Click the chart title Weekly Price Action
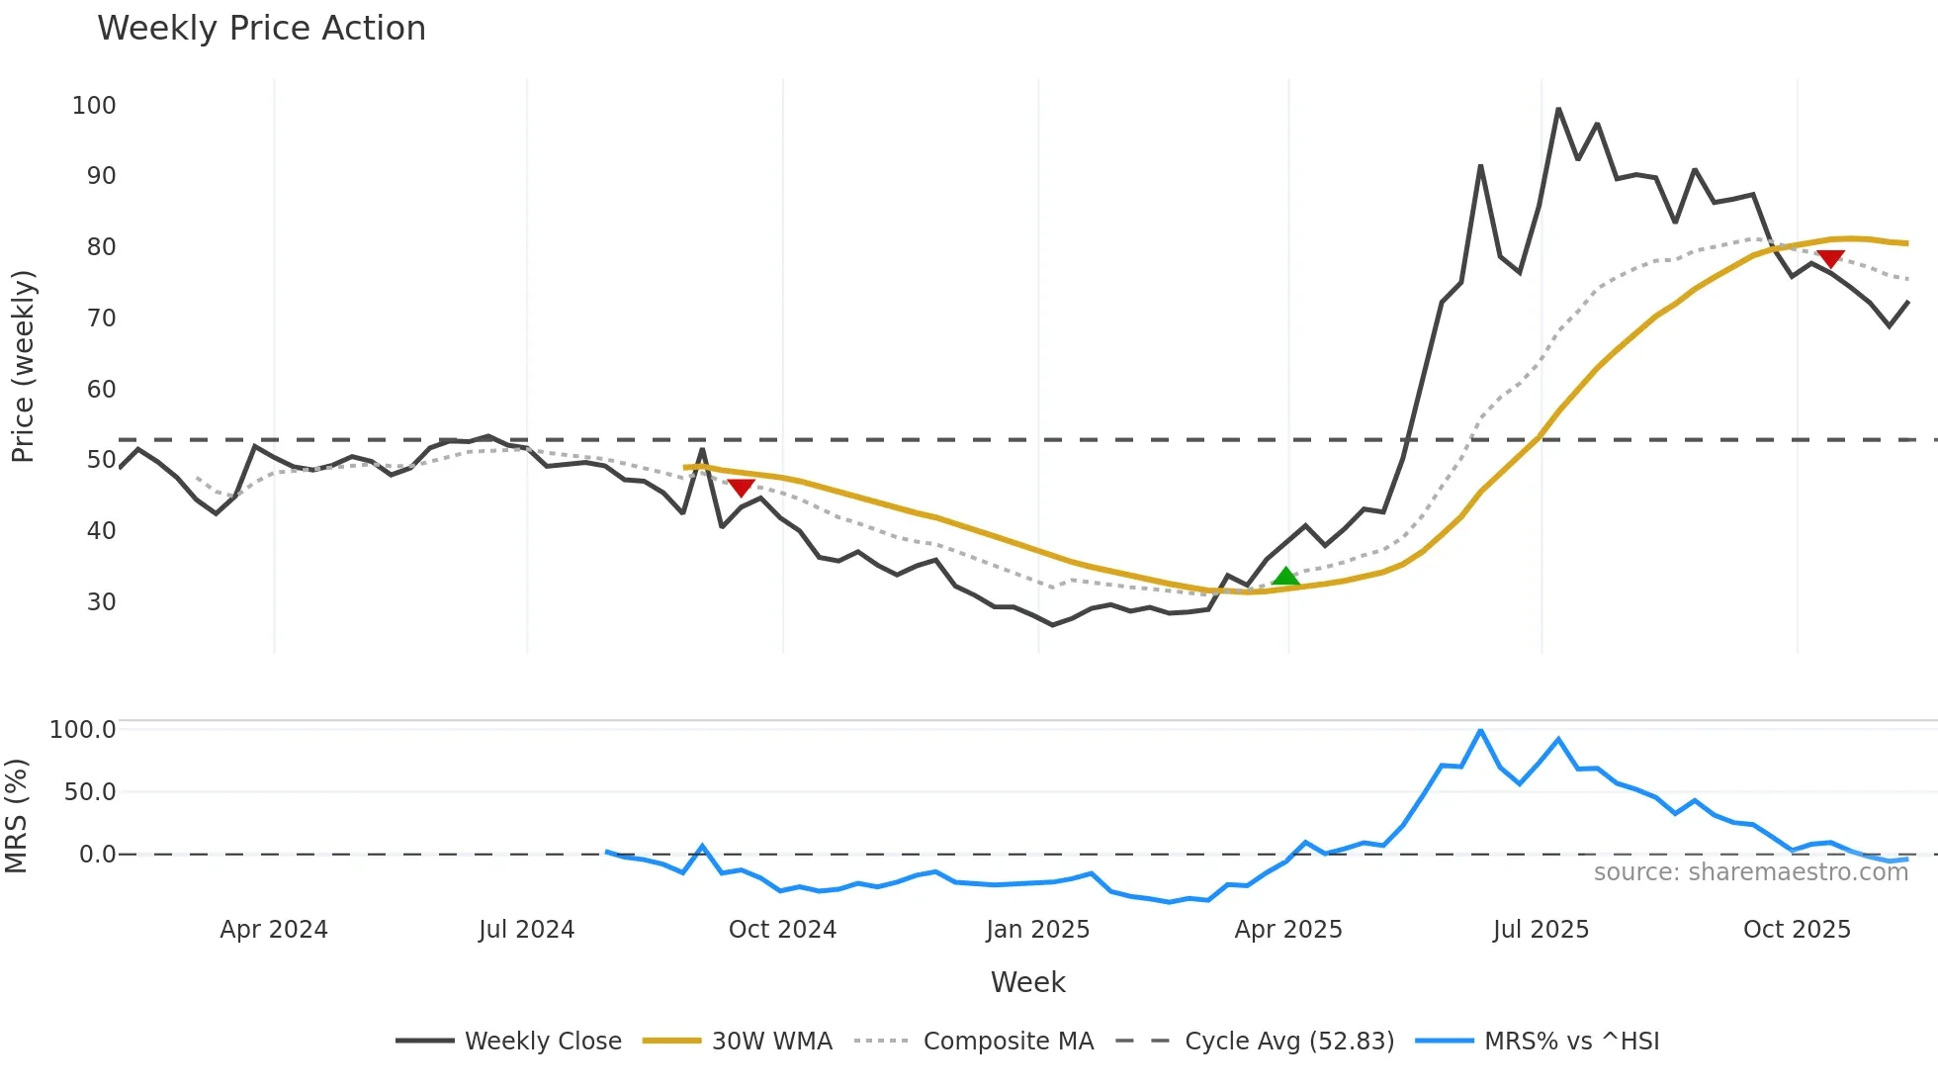coord(261,29)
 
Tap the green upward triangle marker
coord(1285,577)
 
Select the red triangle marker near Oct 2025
coord(1830,259)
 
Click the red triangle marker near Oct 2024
coord(742,488)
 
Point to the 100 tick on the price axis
coord(94,105)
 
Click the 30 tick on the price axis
coord(101,601)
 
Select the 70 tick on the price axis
coord(101,318)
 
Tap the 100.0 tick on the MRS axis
coord(82,730)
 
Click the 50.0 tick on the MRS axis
coord(89,792)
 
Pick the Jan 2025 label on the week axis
coord(1037,930)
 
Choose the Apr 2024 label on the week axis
coord(274,930)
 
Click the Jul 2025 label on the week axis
coord(1541,930)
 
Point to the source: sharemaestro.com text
coord(1750,872)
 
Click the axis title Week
coord(1027,982)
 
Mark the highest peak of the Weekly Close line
coord(1558,109)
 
